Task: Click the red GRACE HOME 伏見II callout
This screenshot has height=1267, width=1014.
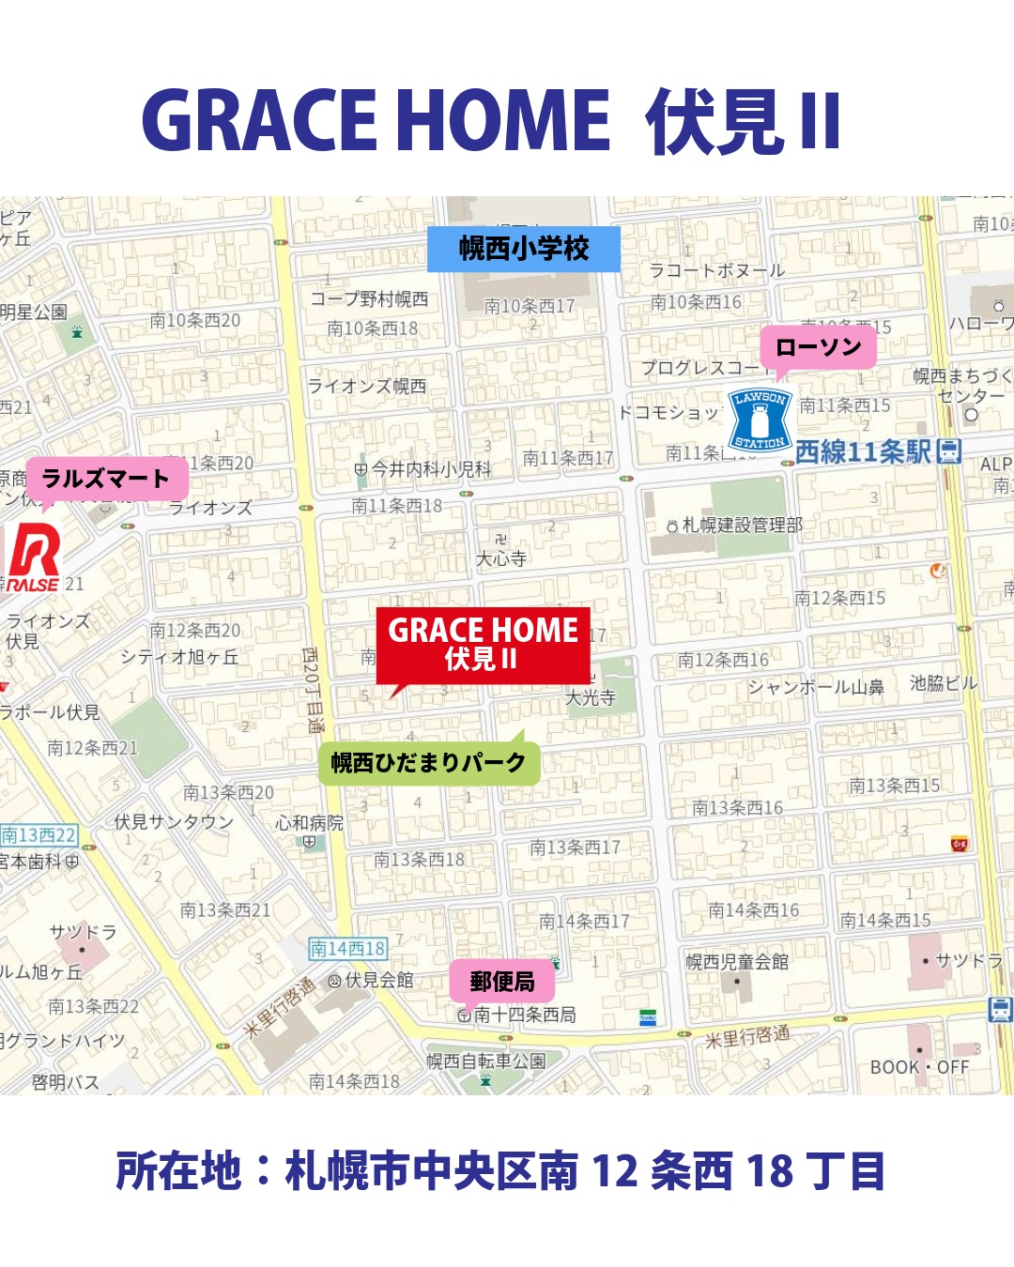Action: pyautogui.click(x=483, y=645)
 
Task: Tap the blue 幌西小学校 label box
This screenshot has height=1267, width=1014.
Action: pyautogui.click(x=524, y=249)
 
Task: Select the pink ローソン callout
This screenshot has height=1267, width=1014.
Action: pyautogui.click(x=818, y=347)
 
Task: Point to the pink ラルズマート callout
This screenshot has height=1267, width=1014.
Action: pyautogui.click(x=106, y=479)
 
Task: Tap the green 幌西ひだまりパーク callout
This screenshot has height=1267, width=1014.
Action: pyautogui.click(x=428, y=762)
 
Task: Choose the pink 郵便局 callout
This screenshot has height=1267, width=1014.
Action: pyautogui.click(x=502, y=982)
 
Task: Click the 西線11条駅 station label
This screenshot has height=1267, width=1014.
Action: pyautogui.click(x=863, y=452)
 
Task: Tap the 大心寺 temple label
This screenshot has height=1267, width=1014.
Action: pyautogui.click(x=500, y=559)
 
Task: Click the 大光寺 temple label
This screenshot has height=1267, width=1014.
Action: pyautogui.click(x=591, y=697)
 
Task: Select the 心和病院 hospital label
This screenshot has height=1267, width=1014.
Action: pyautogui.click(x=310, y=823)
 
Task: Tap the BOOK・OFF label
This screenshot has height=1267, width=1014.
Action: pyautogui.click(x=919, y=1067)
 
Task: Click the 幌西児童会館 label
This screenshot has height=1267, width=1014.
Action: pyautogui.click(x=737, y=962)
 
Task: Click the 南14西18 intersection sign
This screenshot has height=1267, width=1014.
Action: pyautogui.click(x=347, y=949)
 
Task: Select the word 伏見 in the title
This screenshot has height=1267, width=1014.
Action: pyautogui.click(x=715, y=122)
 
